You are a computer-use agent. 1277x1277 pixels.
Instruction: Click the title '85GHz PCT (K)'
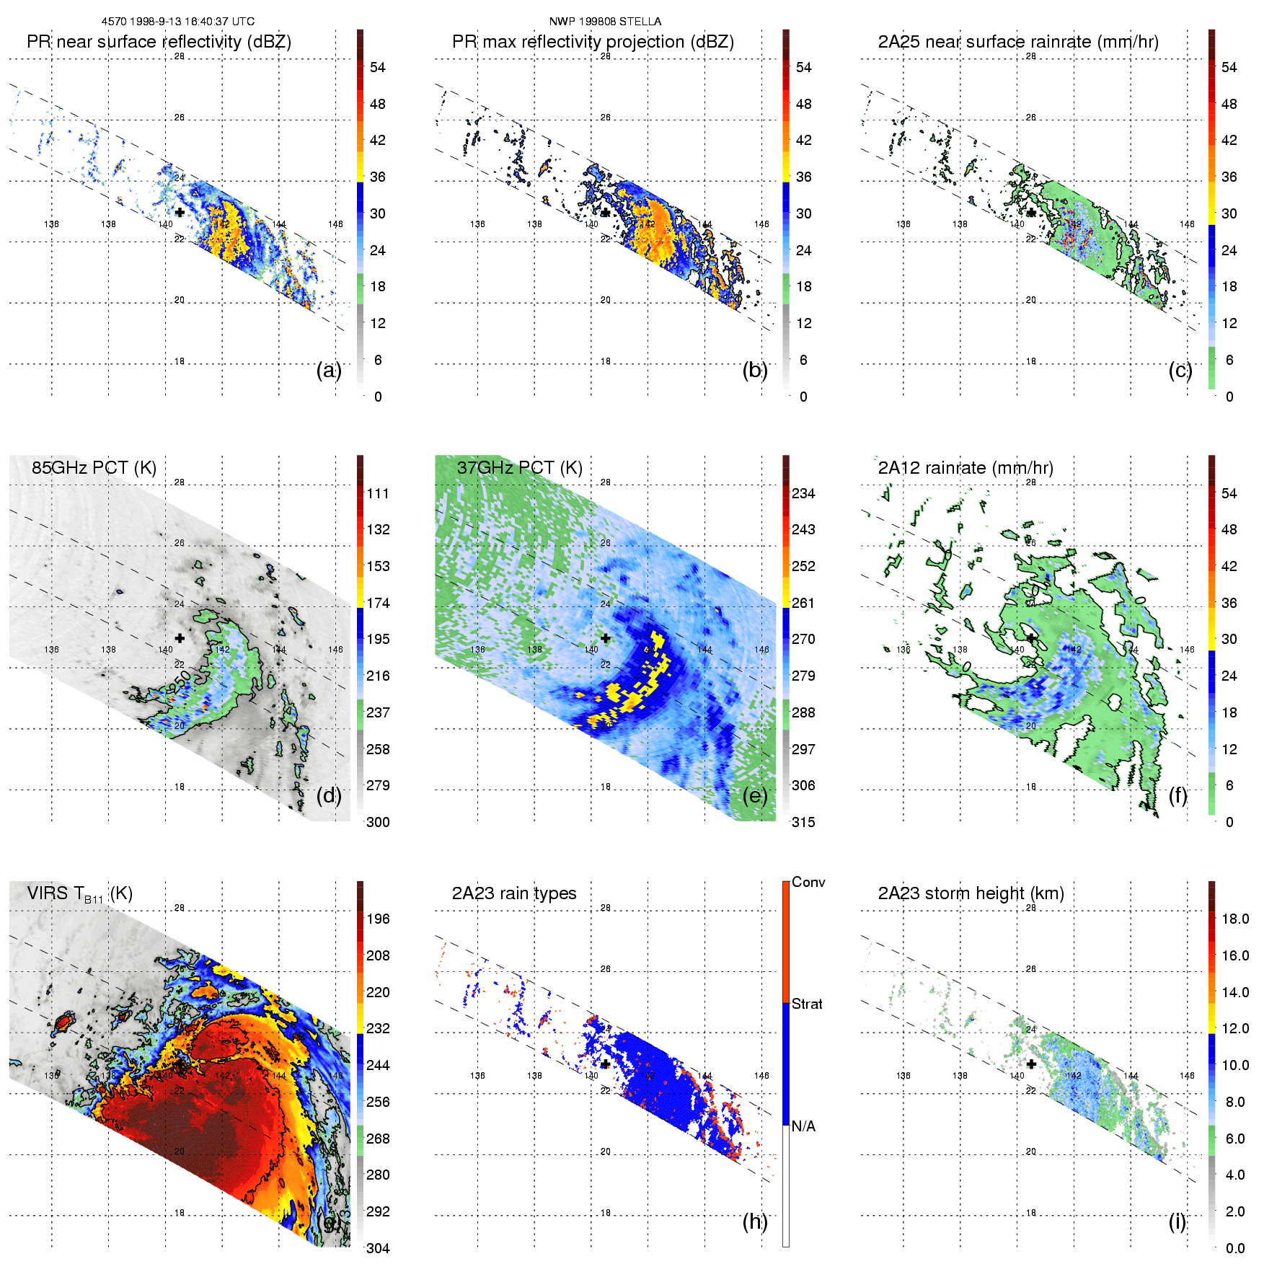click(x=94, y=468)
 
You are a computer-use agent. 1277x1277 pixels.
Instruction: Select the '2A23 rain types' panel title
click(x=514, y=893)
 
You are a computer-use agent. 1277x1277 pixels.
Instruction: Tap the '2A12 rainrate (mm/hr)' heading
click(x=966, y=468)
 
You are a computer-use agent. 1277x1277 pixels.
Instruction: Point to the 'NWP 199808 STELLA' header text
click(x=605, y=22)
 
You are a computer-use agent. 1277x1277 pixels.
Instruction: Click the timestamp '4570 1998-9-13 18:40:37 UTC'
click(x=177, y=22)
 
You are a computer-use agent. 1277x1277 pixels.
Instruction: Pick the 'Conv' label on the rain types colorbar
click(x=808, y=883)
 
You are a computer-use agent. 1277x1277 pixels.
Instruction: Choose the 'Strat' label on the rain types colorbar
click(x=807, y=1004)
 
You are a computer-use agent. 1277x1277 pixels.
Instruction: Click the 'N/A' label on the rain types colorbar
click(x=803, y=1126)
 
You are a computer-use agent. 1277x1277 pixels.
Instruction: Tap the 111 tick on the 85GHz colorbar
click(x=378, y=493)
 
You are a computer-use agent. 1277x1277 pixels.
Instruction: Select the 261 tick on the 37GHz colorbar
click(x=803, y=603)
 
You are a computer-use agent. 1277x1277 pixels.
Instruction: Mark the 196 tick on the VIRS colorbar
click(x=378, y=919)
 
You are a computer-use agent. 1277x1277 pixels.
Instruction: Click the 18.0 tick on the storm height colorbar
click(x=1234, y=919)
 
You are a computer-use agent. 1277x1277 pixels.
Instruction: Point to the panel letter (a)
click(x=329, y=371)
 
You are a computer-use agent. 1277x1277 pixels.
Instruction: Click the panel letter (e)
click(x=755, y=796)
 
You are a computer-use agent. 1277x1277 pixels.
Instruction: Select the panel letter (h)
click(x=755, y=1221)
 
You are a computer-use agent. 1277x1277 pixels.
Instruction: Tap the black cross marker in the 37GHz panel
click(x=606, y=638)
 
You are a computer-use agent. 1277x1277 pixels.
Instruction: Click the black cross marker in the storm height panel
click(x=1031, y=1064)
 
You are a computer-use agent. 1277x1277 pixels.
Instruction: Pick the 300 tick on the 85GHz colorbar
click(x=378, y=822)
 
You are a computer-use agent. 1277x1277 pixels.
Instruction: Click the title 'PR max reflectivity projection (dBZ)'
click(x=593, y=42)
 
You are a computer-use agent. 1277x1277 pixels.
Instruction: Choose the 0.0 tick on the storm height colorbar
click(x=1234, y=1248)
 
